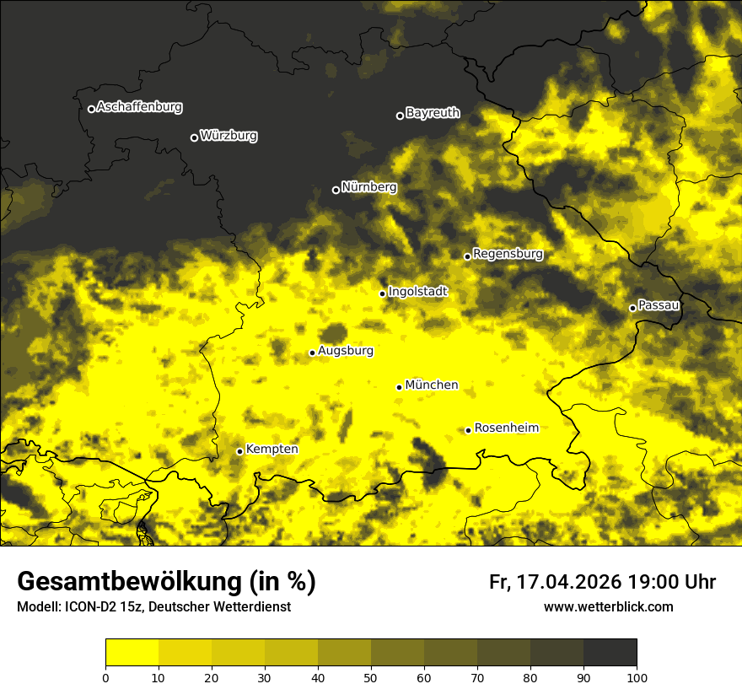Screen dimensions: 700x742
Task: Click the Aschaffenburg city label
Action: [139, 107]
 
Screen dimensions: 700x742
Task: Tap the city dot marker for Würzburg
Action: [194, 137]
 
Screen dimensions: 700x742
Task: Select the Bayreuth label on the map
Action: [433, 112]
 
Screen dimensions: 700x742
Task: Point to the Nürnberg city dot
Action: [336, 190]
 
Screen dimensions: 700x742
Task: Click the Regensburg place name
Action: [508, 253]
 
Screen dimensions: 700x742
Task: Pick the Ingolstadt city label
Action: [417, 291]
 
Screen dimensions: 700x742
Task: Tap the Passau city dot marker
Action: [632, 308]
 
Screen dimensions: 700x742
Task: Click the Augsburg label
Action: [346, 350]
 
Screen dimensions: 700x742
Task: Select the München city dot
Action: [399, 387]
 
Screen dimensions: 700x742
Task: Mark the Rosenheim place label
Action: [506, 428]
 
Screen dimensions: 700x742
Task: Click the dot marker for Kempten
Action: [239, 451]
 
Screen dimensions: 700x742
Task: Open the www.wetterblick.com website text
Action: [608, 606]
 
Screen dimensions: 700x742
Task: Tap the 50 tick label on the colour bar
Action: [371, 676]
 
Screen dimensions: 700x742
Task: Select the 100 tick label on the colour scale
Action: [636, 676]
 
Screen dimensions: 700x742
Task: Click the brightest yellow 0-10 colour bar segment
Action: [132, 653]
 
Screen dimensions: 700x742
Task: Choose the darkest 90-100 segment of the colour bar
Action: [610, 653]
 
